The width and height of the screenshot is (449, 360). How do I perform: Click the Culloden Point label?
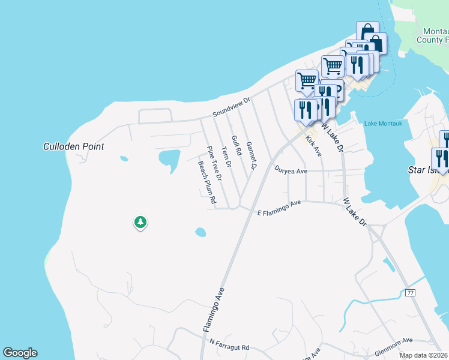click(74, 146)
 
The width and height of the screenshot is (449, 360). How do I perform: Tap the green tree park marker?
click(140, 223)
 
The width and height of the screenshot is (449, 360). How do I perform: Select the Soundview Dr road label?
click(231, 108)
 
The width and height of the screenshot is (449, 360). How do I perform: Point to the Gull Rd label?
click(236, 146)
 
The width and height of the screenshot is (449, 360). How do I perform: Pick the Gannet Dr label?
click(252, 155)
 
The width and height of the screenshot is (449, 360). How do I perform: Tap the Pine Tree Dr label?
click(215, 164)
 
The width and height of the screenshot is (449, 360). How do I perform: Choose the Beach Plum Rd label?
click(207, 183)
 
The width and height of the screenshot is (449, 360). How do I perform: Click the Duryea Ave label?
click(291, 170)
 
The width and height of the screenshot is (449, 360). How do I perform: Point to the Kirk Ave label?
click(314, 146)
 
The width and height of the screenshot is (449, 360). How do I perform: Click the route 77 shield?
click(411, 293)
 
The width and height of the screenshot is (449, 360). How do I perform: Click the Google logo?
click(20, 353)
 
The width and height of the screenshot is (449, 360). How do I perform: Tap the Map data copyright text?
click(424, 355)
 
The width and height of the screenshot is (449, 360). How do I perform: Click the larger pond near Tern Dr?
click(169, 160)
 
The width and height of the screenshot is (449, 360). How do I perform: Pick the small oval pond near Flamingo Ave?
click(200, 232)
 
